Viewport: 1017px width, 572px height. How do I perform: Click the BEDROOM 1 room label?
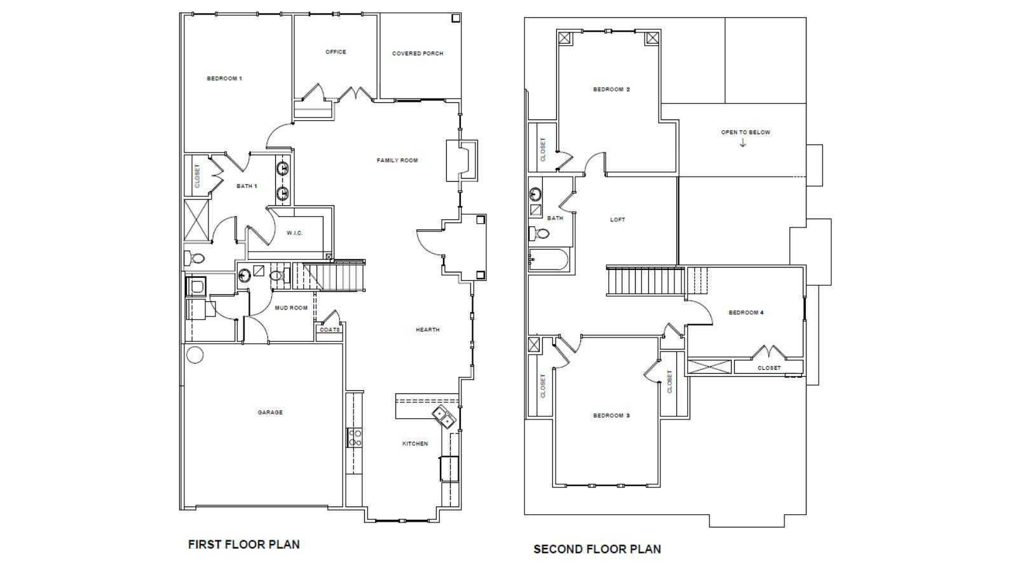224,79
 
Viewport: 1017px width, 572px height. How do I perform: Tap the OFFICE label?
336,52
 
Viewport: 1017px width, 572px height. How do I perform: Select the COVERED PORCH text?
418,53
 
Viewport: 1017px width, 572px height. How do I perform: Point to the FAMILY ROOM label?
397,160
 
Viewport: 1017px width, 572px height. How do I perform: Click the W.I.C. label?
294,233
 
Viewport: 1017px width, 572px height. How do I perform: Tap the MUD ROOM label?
291,308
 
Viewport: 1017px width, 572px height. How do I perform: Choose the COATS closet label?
330,330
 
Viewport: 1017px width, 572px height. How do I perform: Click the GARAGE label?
270,412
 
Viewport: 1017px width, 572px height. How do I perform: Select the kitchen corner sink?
444,417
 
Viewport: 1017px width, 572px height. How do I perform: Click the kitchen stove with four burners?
355,437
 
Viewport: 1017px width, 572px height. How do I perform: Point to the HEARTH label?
427,330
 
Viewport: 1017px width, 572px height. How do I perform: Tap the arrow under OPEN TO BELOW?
742,143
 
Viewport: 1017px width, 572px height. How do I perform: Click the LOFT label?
617,220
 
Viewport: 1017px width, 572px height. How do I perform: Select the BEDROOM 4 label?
746,313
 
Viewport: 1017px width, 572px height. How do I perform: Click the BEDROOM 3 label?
611,416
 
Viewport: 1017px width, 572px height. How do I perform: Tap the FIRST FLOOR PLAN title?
243,544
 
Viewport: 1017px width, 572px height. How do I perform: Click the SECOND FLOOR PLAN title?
597,549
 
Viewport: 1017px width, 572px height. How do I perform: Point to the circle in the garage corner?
195,355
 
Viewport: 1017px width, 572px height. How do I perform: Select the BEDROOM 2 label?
611,90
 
